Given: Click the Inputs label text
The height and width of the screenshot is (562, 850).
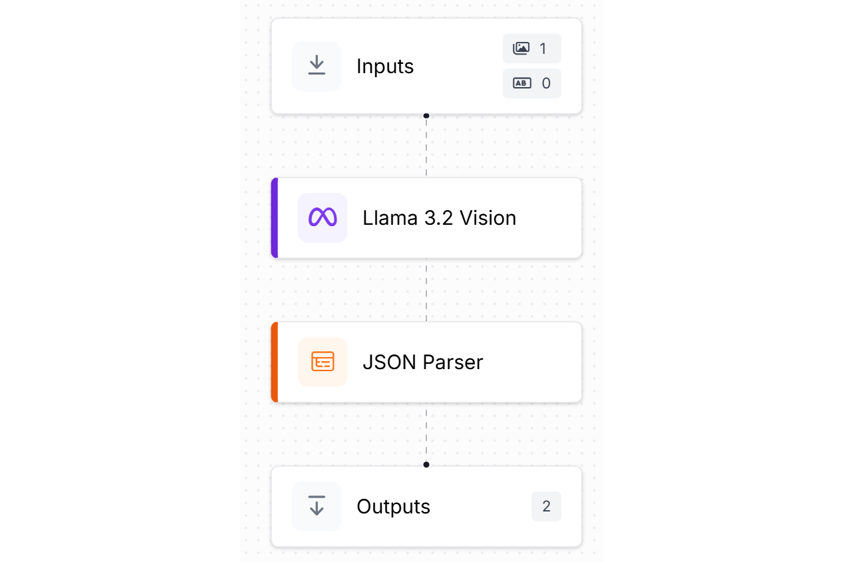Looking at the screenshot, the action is coord(385,67).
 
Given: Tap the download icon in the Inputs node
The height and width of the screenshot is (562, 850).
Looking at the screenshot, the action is coord(317,66).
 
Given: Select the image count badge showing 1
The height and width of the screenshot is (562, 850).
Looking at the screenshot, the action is coord(531,49).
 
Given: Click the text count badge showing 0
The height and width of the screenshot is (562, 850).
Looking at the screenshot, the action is coord(531,83).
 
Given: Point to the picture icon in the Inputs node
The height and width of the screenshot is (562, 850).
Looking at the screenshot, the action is coord(521,49).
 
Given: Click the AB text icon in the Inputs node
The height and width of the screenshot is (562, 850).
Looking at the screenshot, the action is coord(521,83).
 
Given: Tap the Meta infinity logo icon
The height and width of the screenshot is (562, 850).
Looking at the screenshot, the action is coord(323,217).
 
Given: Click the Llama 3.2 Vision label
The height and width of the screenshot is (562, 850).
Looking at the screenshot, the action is coord(439,218).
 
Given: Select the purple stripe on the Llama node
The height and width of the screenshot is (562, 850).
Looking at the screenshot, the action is coord(274,217).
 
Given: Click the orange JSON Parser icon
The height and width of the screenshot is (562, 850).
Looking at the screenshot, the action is coord(323,362).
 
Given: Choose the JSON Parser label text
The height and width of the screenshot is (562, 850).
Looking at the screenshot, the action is coord(422,362).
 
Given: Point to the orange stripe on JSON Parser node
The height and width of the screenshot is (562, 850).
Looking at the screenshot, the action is coord(274,362).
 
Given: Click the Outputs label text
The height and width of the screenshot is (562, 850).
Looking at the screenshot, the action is coord(393,507).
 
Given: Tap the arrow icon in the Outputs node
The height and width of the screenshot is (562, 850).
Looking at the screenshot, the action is coord(317,506).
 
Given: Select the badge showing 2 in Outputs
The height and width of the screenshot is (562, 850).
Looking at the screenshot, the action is coord(546,507).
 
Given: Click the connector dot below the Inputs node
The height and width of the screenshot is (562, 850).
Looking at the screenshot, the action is coord(426,116).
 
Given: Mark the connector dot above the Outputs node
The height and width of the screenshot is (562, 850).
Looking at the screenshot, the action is coord(426,464).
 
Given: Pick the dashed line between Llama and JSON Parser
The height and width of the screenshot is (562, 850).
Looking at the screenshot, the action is coord(426,290).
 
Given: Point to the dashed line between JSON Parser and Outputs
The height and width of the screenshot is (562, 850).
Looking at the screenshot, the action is coord(426,432).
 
